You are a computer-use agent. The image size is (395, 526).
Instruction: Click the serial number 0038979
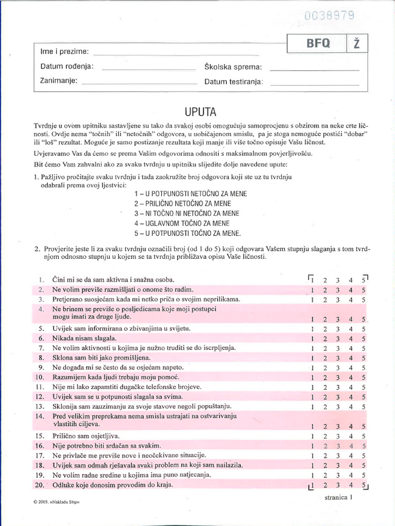point(329,15)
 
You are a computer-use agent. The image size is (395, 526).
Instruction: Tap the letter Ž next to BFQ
point(356,44)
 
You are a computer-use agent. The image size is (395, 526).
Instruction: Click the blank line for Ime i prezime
point(175,54)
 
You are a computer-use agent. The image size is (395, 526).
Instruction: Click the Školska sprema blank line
point(314,69)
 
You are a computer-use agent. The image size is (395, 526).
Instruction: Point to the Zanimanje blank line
point(139,83)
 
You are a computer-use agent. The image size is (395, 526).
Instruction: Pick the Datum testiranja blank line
point(314,83)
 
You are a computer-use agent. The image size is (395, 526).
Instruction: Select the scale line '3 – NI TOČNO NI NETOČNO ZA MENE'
point(187,213)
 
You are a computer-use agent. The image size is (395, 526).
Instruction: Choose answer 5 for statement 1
point(364,280)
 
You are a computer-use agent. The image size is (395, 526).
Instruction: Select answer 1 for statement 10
point(313,378)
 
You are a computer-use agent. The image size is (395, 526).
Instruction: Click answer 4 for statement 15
point(351,436)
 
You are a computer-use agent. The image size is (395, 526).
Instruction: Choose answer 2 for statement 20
point(325,484)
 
